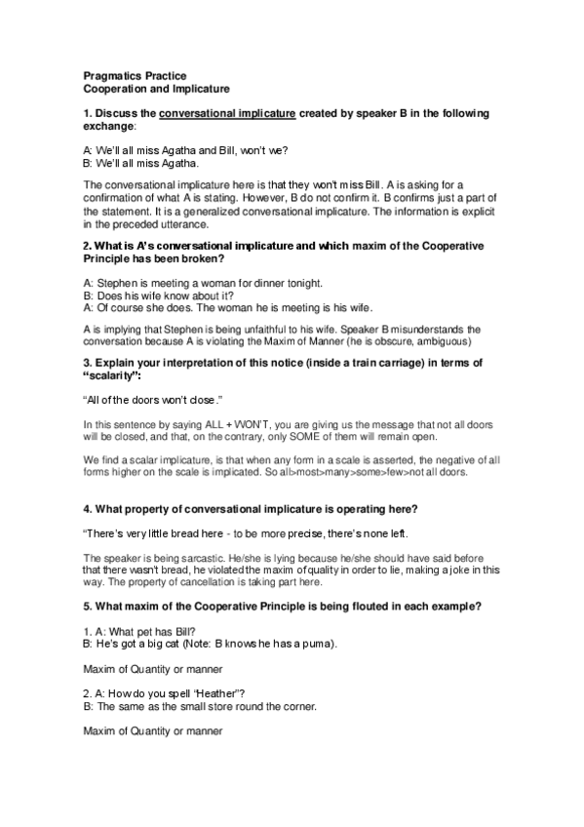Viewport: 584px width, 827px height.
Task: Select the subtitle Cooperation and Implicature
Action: pos(148,88)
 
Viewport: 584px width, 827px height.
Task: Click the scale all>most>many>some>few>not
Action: pos(381,472)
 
